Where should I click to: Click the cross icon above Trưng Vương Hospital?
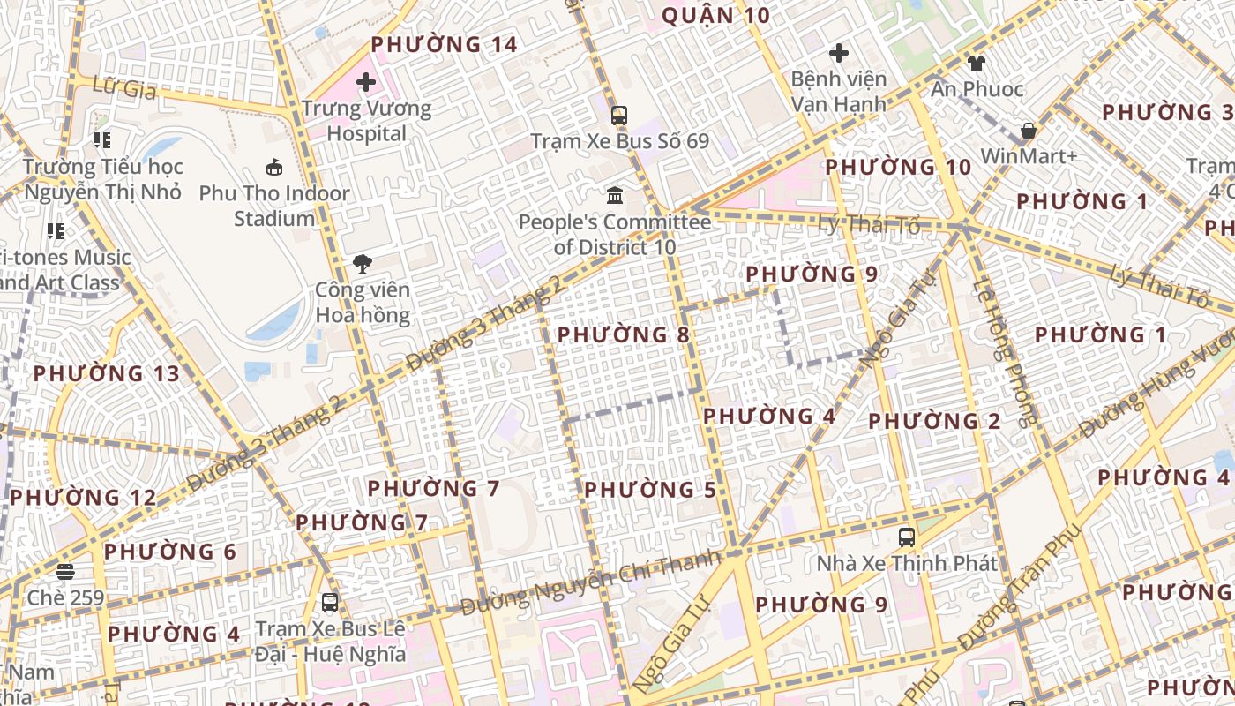(x=366, y=83)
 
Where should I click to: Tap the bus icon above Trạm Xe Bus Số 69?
(x=619, y=115)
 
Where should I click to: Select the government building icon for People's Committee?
(x=615, y=195)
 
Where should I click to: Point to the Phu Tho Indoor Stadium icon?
(x=274, y=167)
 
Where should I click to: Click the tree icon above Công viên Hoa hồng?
(x=362, y=263)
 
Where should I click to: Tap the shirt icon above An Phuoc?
(x=977, y=63)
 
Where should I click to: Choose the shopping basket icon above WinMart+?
(x=1029, y=131)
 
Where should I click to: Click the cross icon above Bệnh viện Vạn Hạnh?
(x=838, y=53)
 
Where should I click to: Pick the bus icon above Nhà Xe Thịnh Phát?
(x=906, y=537)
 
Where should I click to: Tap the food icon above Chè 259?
(x=65, y=572)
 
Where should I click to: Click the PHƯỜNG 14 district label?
(x=444, y=44)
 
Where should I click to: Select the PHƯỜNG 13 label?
(x=107, y=373)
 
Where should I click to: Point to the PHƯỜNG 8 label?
(x=624, y=334)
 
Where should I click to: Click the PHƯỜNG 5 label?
(x=650, y=489)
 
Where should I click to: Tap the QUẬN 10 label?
(x=715, y=15)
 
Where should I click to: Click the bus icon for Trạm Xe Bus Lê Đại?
(x=330, y=603)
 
